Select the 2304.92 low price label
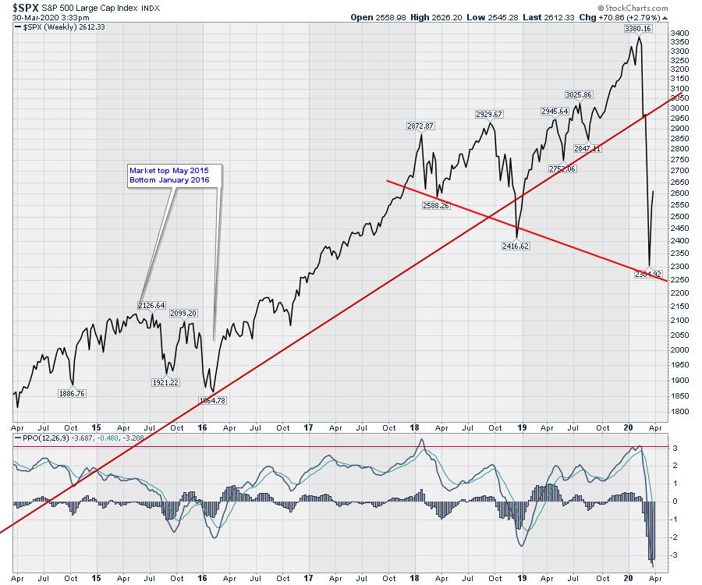click(647, 274)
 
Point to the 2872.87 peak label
click(420, 126)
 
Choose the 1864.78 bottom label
click(213, 400)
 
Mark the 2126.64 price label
click(151, 305)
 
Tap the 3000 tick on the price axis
click(679, 108)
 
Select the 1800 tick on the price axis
click(679, 411)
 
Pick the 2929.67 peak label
click(489, 115)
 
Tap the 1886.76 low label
click(72, 393)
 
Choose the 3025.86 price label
click(579, 95)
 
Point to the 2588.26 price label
click(434, 206)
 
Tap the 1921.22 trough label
click(164, 382)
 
